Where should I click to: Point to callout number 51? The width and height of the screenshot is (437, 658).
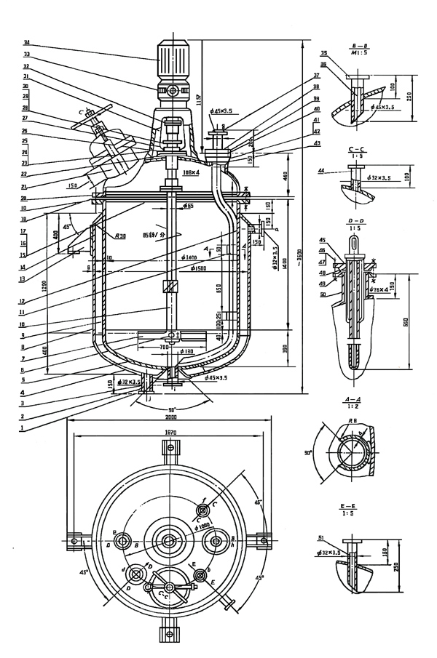point(322,538)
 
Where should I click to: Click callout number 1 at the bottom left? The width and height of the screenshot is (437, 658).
point(26,428)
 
